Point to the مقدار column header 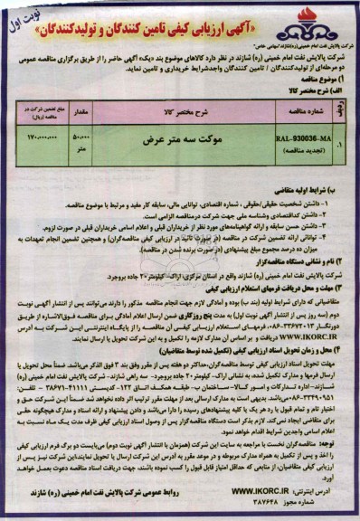[78, 111]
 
